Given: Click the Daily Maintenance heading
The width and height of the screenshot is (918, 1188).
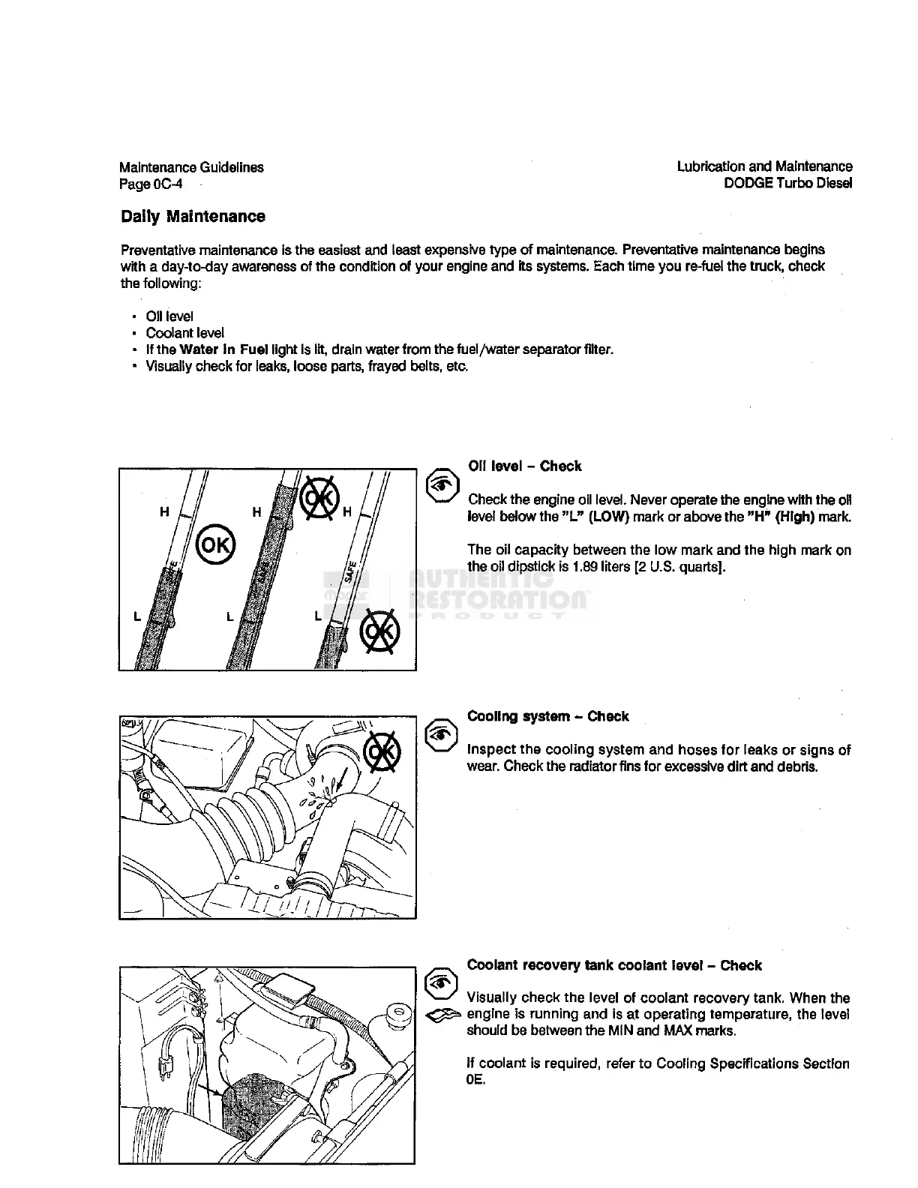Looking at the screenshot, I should pyautogui.click(x=193, y=217).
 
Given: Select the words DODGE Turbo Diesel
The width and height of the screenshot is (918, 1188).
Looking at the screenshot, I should pyautogui.click(x=787, y=184).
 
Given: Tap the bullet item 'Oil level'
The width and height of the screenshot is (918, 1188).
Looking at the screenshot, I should pyautogui.click(x=169, y=316).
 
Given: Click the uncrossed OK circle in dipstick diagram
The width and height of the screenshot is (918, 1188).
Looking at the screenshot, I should pyautogui.click(x=215, y=544).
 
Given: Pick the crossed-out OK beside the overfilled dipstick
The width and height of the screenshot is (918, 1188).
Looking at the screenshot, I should pyautogui.click(x=320, y=496).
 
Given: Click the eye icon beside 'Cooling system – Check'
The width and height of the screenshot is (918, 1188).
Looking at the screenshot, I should pyautogui.click(x=442, y=735).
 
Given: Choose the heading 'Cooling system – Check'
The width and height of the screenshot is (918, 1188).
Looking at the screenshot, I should pyautogui.click(x=547, y=716).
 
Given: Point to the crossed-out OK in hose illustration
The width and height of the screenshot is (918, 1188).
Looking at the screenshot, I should pyautogui.click(x=382, y=751).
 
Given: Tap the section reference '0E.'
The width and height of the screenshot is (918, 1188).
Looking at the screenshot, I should pyautogui.click(x=476, y=1080).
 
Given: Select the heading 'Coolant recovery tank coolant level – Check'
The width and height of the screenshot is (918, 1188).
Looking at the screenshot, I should pyautogui.click(x=614, y=965).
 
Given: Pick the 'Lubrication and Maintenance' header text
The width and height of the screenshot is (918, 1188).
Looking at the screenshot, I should pyautogui.click(x=764, y=166).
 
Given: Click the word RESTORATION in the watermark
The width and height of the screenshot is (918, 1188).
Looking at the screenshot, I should pyautogui.click(x=499, y=598).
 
